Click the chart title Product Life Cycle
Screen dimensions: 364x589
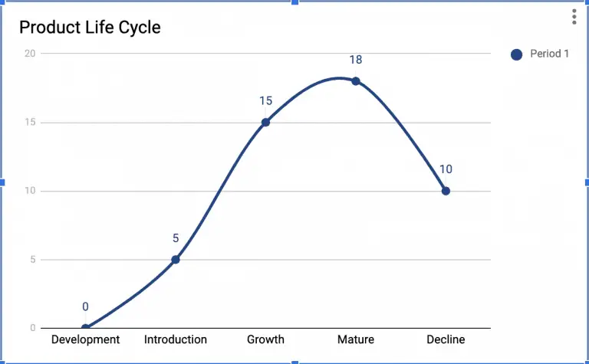tap(90, 28)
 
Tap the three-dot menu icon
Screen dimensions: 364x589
tap(574, 17)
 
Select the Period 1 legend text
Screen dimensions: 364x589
tap(549, 54)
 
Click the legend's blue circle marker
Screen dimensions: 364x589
tap(516, 54)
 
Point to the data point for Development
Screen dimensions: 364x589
tap(85, 328)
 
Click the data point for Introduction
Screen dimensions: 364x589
tap(176, 259)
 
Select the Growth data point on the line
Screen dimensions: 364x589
tap(265, 122)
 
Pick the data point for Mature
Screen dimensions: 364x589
tap(356, 81)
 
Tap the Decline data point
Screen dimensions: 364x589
tap(446, 191)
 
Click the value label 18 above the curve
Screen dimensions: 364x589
tap(356, 60)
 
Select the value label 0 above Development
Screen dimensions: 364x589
tap(85, 307)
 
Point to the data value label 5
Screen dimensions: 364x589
tap(176, 238)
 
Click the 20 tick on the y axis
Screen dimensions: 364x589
tap(30, 53)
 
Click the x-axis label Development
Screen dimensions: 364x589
tap(85, 339)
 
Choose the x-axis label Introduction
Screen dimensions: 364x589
tap(176, 339)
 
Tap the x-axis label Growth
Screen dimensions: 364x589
tap(265, 339)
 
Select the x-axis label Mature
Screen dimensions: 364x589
tap(356, 339)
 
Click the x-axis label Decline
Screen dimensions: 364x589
tap(446, 339)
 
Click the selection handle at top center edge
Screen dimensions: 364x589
tap(294, 2)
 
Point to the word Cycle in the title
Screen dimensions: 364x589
tap(140, 28)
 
